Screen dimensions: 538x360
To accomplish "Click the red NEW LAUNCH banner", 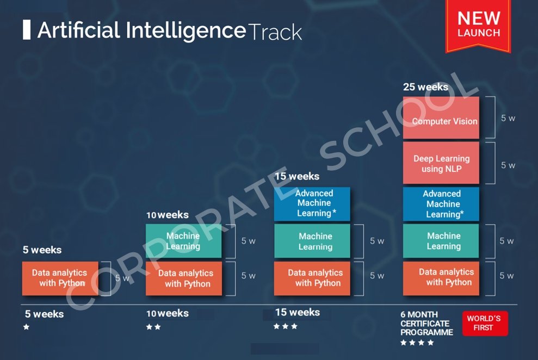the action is click(x=478, y=26).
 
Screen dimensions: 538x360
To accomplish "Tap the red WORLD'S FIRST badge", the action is click(x=485, y=323).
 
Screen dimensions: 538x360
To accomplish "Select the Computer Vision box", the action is click(x=441, y=117).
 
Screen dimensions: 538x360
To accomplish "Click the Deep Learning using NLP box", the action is click(x=441, y=163).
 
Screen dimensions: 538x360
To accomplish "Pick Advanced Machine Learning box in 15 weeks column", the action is click(x=312, y=204).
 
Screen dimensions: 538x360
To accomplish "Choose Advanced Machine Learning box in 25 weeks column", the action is click(x=441, y=204).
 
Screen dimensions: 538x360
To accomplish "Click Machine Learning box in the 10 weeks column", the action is click(x=183, y=241).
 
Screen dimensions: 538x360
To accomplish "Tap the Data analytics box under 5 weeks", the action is click(x=60, y=278).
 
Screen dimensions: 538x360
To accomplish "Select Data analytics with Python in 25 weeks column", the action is click(x=441, y=278).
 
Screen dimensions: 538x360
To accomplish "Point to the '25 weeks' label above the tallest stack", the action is click(x=425, y=87).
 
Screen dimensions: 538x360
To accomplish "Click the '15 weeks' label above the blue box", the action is click(x=297, y=176).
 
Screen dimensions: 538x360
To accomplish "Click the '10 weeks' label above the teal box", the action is click(x=168, y=215).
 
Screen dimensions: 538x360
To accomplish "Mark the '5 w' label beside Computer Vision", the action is click(x=508, y=119).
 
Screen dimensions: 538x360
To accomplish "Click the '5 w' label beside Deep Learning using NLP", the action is click(x=508, y=165).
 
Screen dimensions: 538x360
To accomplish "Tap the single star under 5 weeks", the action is click(x=26, y=327).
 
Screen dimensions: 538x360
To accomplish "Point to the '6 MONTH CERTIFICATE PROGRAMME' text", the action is click(x=426, y=324).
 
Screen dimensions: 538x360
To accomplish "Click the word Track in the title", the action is click(x=275, y=32).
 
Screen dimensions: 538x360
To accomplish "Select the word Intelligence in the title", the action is click(x=186, y=30).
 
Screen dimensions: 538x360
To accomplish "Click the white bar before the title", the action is click(x=27, y=30).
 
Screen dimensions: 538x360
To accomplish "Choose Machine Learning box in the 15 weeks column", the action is click(x=312, y=241).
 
